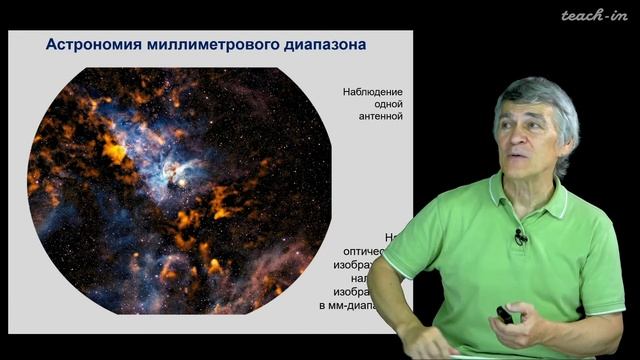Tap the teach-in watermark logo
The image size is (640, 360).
592,16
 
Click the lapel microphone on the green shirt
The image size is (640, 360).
521,238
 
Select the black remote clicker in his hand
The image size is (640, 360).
506,316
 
